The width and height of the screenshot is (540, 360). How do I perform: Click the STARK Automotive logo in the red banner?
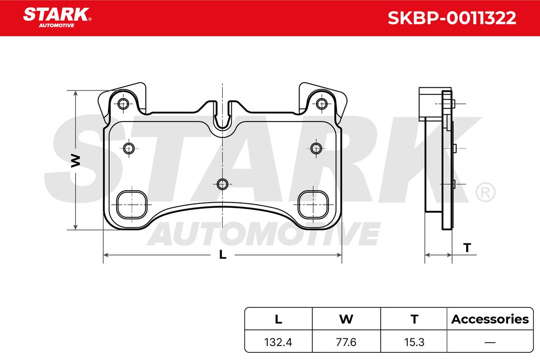(57, 18)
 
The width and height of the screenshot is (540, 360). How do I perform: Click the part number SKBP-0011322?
(452, 18)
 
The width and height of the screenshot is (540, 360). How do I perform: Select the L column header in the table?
(279, 319)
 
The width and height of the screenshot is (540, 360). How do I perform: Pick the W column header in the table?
(346, 319)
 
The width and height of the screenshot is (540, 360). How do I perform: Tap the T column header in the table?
(414, 319)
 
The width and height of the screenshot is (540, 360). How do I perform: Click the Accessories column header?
(490, 319)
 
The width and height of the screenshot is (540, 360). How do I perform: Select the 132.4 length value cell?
(278, 342)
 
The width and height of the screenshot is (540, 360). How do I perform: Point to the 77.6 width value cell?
(346, 342)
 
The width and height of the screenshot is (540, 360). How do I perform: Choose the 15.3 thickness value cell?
(414, 342)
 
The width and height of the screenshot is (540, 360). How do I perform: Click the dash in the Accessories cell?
(490, 342)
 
